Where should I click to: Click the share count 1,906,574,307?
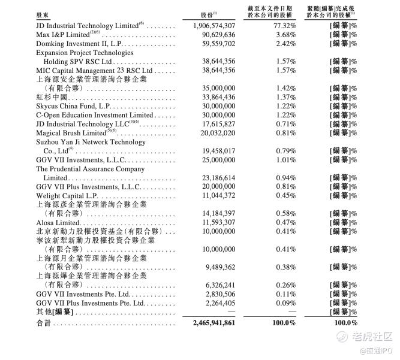click(x=214, y=26)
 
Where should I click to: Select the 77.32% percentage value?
click(x=285, y=26)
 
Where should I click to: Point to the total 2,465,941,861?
click(x=214, y=323)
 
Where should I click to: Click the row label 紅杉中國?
click(x=52, y=97)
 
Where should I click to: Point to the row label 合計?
click(x=44, y=323)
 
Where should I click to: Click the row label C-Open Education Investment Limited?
click(x=94, y=115)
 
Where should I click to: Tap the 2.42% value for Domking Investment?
click(x=285, y=44)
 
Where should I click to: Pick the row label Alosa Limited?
click(x=58, y=222)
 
